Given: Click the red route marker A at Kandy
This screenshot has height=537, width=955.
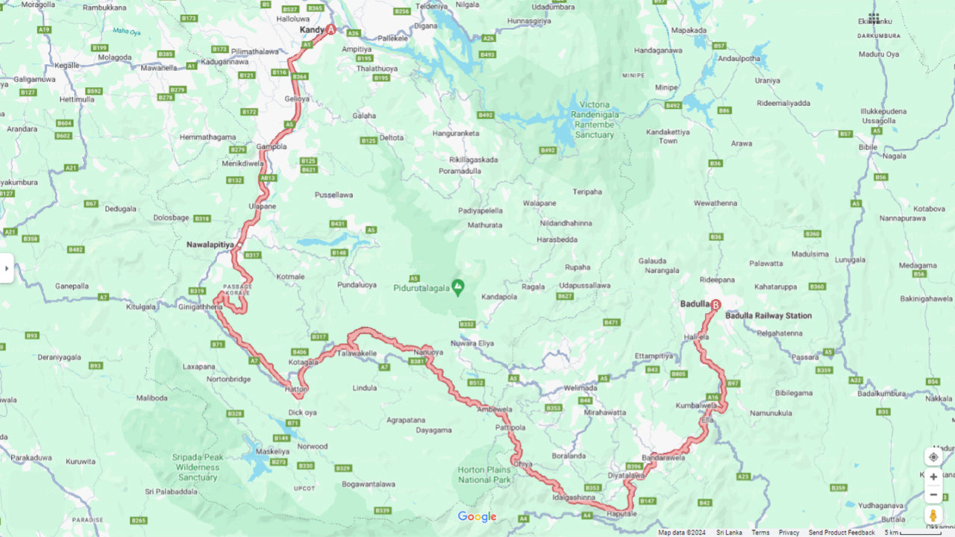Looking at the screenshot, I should (x=331, y=30).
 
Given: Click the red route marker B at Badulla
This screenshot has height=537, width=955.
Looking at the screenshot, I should (x=716, y=304).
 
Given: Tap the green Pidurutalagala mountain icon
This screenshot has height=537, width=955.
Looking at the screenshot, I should (x=458, y=286).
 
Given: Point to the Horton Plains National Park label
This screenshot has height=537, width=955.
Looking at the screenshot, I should (x=483, y=474).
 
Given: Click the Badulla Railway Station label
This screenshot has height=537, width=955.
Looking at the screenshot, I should (x=768, y=315).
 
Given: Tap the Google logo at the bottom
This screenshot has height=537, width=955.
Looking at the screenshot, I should (x=477, y=517).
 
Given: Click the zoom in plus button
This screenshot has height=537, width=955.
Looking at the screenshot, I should (x=933, y=477).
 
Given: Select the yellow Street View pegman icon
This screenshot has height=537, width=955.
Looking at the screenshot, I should (x=933, y=515).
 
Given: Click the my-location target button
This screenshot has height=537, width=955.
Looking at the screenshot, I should (x=933, y=456).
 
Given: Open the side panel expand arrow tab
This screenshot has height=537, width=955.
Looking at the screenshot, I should (x=6, y=268).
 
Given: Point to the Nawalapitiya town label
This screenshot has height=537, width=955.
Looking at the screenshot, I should (x=210, y=244).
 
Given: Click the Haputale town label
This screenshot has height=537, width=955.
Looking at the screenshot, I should (x=621, y=514).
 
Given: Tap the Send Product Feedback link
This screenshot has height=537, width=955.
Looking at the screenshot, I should (x=842, y=533).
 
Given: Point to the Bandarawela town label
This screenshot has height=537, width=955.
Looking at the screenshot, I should (x=663, y=457).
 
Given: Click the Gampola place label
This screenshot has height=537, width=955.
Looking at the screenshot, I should (x=271, y=147).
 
